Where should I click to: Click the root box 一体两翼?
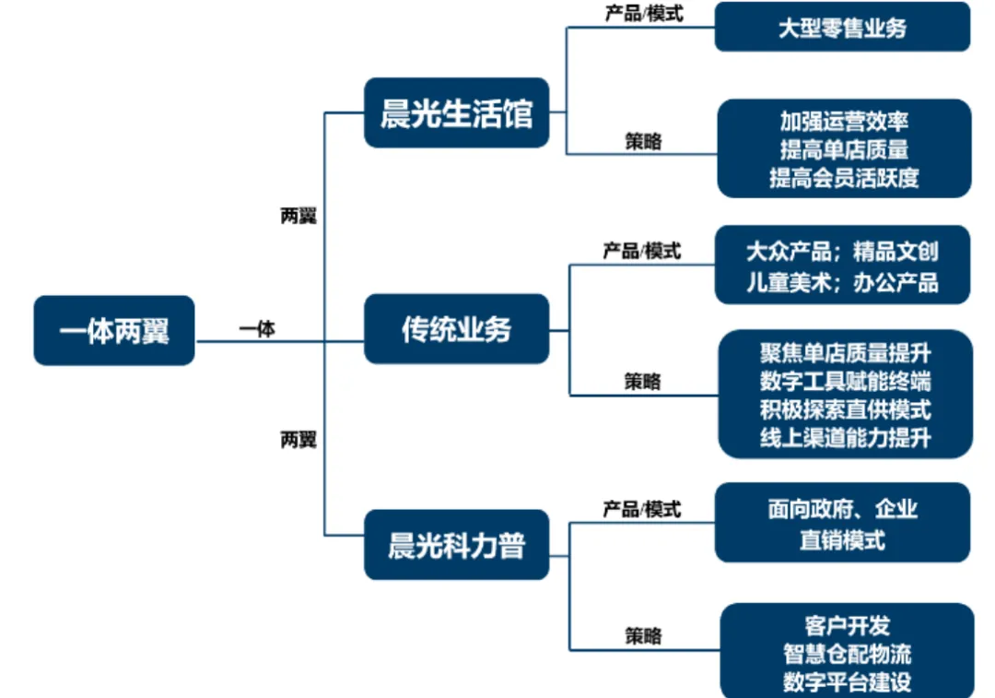pyautogui.click(x=114, y=330)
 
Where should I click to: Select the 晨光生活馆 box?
pyautogui.click(x=456, y=113)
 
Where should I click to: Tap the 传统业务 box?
pyautogui.click(x=456, y=329)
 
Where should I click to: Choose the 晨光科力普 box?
pyautogui.click(x=456, y=545)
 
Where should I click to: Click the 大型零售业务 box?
pyautogui.click(x=842, y=27)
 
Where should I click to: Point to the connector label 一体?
pyautogui.click(x=257, y=328)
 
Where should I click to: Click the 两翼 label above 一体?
pyautogui.click(x=298, y=217)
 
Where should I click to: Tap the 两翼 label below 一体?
pyautogui.click(x=298, y=440)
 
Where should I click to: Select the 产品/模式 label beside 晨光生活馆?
pyautogui.click(x=643, y=14)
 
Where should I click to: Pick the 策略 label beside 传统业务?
pyautogui.click(x=642, y=381)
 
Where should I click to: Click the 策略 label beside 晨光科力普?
pyautogui.click(x=642, y=635)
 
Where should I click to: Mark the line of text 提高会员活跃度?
pyautogui.click(x=844, y=178)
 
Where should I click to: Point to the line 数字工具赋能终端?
pyautogui.click(x=845, y=381)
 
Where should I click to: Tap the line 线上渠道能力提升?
pyautogui.click(x=845, y=437)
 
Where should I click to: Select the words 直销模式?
pyautogui.click(x=842, y=539)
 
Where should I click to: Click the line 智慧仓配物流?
pyautogui.click(x=847, y=654)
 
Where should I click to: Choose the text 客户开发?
pyautogui.click(x=847, y=626)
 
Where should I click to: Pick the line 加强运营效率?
pyautogui.click(x=844, y=121)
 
